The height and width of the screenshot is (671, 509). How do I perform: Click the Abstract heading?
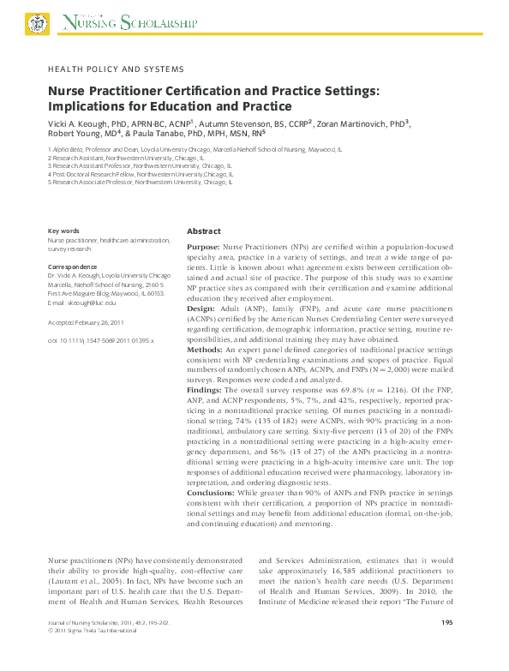click(204, 231)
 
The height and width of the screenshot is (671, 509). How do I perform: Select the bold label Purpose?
click(204, 246)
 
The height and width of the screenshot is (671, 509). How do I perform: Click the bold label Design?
click(201, 307)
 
